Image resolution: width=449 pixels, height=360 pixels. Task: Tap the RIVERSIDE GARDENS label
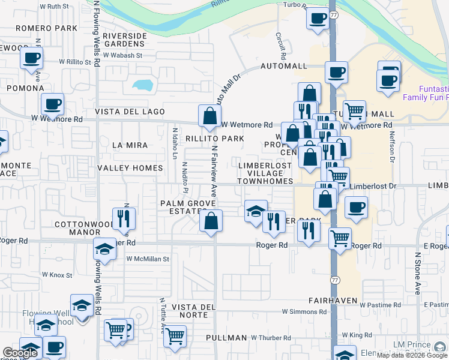(125, 40)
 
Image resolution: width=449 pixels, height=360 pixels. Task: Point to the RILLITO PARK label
(214, 139)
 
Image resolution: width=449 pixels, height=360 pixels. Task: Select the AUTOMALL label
(283, 66)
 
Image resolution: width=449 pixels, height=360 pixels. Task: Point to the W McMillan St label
(148, 259)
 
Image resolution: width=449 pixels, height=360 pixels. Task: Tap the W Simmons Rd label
(306, 312)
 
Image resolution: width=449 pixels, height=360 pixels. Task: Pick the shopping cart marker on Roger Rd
(340, 237)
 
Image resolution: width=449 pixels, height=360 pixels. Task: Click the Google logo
(20, 353)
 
